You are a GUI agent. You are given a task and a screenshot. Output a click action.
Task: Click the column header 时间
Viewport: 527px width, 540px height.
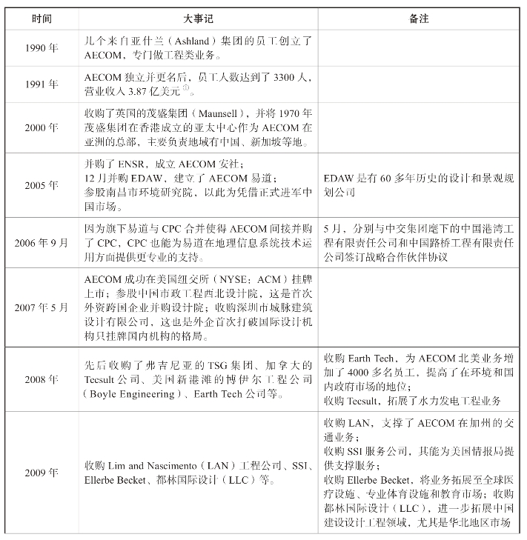click(x=42, y=18)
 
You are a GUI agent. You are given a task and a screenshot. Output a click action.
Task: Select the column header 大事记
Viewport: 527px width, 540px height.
click(x=198, y=18)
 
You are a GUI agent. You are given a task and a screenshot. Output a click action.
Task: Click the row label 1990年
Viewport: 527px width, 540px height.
click(x=42, y=48)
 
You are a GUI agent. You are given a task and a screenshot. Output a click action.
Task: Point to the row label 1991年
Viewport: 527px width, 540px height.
click(x=42, y=84)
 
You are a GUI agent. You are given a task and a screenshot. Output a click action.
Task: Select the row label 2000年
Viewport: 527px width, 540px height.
click(x=42, y=127)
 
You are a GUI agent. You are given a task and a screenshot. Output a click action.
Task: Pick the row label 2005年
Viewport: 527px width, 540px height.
click(x=42, y=185)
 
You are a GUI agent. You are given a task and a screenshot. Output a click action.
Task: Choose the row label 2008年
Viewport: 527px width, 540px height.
click(x=42, y=379)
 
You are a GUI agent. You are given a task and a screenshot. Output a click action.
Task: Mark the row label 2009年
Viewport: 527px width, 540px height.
click(x=42, y=472)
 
